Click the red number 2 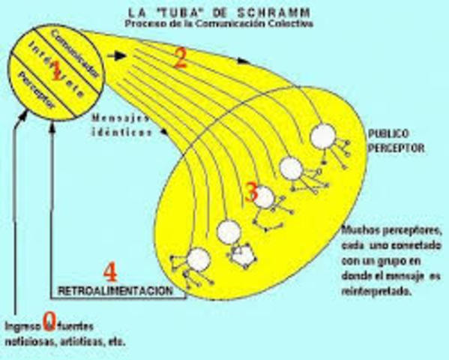pyautogui.click(x=179, y=59)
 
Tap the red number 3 pyautogui.click(x=252, y=192)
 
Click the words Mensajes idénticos pyautogui.click(x=121, y=124)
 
